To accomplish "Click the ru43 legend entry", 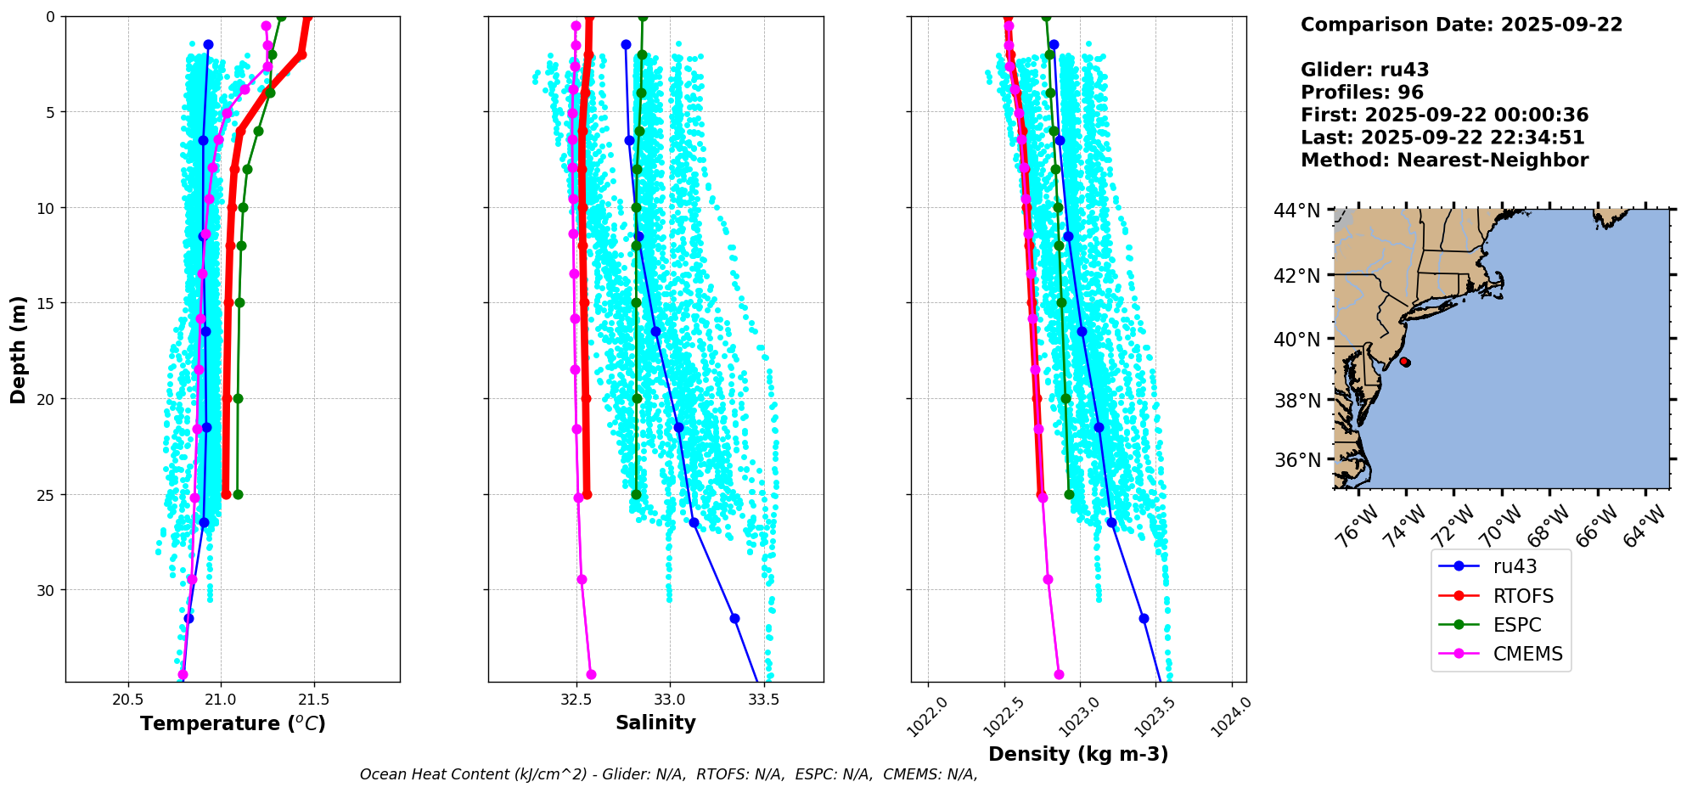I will [x=1515, y=566].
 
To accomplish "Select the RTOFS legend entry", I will [x=1523, y=596].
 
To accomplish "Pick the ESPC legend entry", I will [x=1516, y=625].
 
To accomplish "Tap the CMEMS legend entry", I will [x=1527, y=654].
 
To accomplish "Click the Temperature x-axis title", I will [x=233, y=723].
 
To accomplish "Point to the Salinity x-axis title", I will [x=655, y=723].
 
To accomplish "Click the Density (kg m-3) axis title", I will [x=1078, y=754].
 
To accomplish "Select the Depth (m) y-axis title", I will [x=18, y=349].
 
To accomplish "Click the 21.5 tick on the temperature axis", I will [x=314, y=700].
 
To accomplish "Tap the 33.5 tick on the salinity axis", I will [x=763, y=700].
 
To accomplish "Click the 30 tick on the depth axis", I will [x=43, y=590].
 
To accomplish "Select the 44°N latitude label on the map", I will [x=1297, y=210].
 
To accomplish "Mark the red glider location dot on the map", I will [x=1405, y=362].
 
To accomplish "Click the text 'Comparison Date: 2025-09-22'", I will [x=1461, y=25].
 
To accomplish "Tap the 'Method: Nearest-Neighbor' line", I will [x=1444, y=160].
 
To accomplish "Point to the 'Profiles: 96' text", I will [x=1362, y=93].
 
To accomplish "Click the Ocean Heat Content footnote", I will [x=668, y=774].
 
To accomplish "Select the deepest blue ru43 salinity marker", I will [x=734, y=618].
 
